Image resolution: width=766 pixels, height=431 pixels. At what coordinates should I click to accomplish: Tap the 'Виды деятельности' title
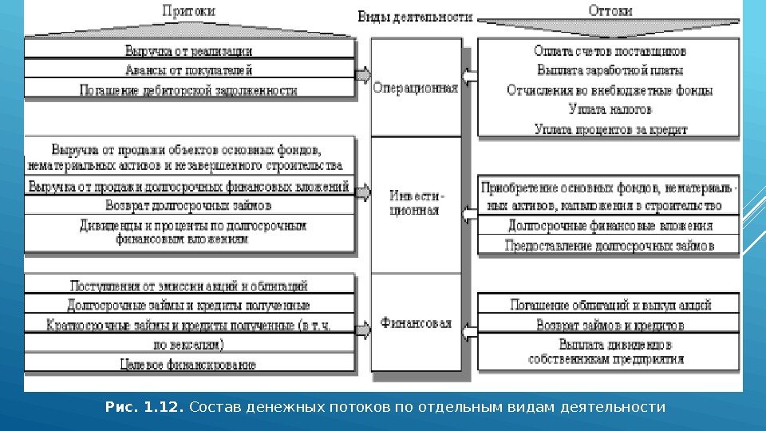(415, 18)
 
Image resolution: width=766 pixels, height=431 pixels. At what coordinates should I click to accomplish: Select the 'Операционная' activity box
(416, 89)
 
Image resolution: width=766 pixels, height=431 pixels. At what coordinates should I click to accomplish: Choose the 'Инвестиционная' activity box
(416, 204)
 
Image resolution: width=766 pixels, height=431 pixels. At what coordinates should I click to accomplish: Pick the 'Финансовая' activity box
(416, 323)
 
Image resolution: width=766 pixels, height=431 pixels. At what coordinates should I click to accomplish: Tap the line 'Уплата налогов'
(610, 109)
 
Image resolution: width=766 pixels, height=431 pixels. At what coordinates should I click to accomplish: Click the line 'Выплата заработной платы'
(610, 70)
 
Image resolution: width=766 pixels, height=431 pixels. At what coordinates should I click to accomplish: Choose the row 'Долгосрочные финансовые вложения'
(610, 226)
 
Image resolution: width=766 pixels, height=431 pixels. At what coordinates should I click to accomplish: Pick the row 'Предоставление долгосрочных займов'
(610, 246)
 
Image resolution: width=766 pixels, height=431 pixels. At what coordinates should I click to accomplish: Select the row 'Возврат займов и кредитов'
(610, 326)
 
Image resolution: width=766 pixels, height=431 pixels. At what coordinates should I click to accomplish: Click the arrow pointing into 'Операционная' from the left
(363, 76)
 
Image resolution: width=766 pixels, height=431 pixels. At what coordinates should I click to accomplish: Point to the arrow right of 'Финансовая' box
(469, 326)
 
